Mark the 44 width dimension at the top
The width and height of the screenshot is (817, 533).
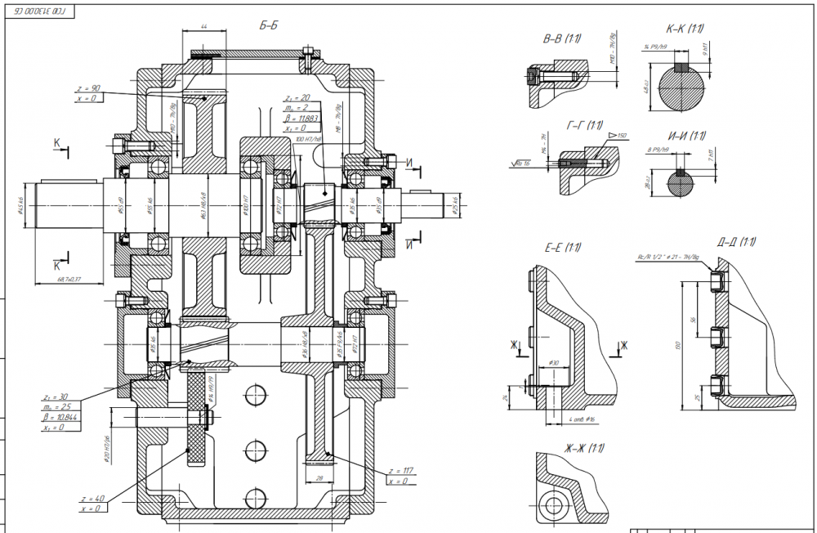pyautogui.click(x=204, y=28)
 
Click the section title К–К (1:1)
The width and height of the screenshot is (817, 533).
pyautogui.click(x=685, y=29)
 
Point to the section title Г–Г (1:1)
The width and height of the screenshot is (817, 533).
pyautogui.click(x=584, y=125)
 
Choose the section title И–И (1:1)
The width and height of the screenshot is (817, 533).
pyautogui.click(x=685, y=136)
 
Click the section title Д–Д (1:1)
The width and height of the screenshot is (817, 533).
pyautogui.click(x=736, y=242)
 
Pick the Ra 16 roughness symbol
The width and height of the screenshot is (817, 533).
pyautogui.click(x=519, y=163)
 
